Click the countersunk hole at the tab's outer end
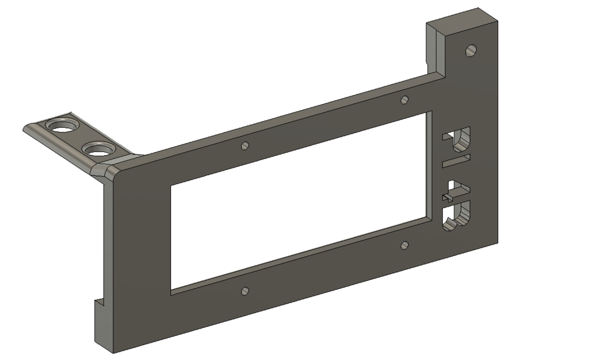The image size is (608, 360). (62, 126)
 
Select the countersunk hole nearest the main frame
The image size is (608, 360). (98, 149)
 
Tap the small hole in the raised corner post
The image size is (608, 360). (471, 50)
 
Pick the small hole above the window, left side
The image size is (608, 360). (245, 146)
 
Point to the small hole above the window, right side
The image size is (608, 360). (404, 99)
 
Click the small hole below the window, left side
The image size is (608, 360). (245, 291)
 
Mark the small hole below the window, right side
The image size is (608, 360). (404, 245)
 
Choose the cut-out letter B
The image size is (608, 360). (457, 216)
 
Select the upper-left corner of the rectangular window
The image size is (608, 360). (172, 186)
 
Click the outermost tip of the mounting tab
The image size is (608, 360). (26, 128)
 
